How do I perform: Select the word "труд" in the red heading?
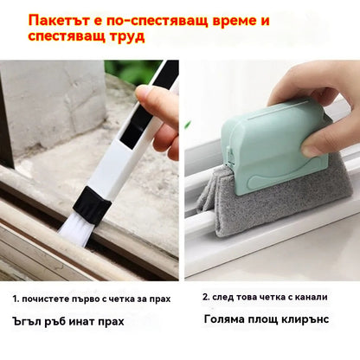126,37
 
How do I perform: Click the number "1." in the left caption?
16,299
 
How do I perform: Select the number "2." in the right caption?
206,297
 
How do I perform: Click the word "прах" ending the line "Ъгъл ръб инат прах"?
111,321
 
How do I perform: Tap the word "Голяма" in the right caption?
222,319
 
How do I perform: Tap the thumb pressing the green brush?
313,146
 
